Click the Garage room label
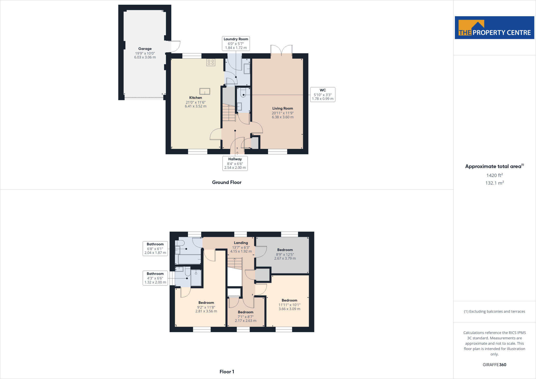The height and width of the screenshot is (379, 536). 145,49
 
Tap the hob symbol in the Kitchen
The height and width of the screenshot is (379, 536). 211,62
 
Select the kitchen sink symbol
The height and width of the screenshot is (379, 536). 205,91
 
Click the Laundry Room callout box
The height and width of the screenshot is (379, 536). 236,43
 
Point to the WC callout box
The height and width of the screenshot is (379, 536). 322,94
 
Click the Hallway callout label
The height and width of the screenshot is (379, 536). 235,163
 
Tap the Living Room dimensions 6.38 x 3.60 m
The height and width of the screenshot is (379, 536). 283,117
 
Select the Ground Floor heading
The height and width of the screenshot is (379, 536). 227,182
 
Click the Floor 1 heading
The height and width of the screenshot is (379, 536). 227,372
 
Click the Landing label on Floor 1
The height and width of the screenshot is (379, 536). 241,243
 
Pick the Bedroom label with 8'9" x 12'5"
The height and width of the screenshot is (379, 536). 285,250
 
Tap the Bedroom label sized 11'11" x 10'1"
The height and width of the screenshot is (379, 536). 289,300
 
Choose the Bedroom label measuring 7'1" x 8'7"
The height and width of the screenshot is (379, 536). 245,312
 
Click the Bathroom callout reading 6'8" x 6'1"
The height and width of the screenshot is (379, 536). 155,248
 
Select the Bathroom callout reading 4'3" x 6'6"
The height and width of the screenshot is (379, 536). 155,278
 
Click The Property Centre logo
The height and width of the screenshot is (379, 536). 494,28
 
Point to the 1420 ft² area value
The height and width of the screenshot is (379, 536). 494,175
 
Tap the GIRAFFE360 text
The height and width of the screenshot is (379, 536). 494,365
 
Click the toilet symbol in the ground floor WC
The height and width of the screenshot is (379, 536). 243,93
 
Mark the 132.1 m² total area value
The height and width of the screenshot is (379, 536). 494,183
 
